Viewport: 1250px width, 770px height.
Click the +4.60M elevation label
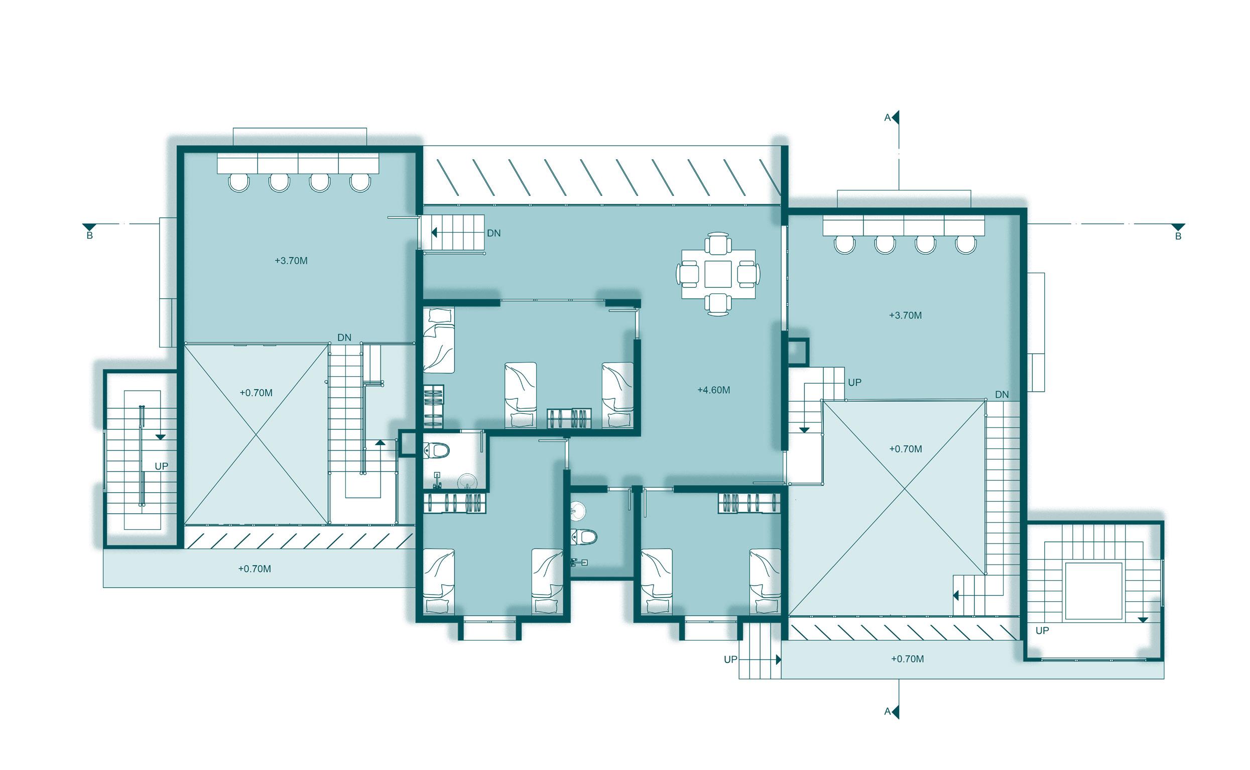tap(713, 390)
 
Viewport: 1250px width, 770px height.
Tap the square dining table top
tap(718, 274)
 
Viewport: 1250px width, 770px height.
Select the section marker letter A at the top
tap(887, 118)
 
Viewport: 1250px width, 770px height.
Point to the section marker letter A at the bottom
tap(887, 711)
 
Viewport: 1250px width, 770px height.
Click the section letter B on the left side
tap(89, 236)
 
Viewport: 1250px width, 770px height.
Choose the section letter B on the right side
tap(1178, 236)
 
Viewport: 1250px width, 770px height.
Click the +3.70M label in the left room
tap(291, 261)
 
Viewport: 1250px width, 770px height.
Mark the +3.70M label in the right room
tap(905, 315)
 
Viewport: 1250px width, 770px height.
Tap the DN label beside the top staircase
tap(493, 233)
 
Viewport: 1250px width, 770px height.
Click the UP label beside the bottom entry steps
tap(730, 659)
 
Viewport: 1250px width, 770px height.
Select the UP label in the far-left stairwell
tap(161, 466)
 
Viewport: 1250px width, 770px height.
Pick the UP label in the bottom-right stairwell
tap(1042, 630)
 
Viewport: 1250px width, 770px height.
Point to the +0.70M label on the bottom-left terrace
tap(255, 569)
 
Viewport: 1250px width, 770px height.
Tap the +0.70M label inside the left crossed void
tap(256, 393)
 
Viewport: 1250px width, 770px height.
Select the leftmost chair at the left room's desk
tap(238, 182)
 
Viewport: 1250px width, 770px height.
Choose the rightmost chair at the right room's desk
tap(965, 245)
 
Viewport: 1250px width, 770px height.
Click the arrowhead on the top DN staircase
tap(434, 233)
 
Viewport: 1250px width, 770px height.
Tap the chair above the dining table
tap(718, 244)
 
